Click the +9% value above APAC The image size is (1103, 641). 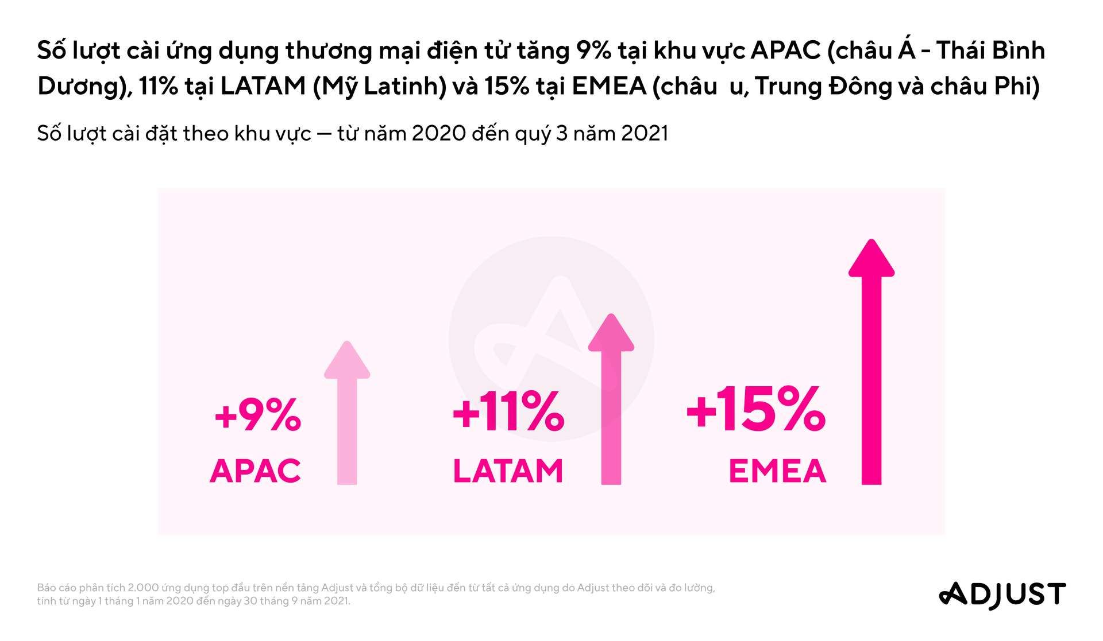tap(257, 414)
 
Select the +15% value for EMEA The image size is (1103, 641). tap(756, 409)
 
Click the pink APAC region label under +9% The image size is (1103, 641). tap(255, 471)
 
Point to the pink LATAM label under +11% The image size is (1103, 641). tap(508, 471)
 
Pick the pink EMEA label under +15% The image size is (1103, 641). tap(777, 472)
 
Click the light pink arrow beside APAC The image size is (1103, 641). tap(347, 413)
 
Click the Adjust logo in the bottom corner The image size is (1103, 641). tap(1002, 595)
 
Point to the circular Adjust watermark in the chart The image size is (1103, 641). tap(550, 339)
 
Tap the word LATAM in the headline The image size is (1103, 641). tap(263, 86)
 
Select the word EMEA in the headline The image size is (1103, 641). tap(609, 86)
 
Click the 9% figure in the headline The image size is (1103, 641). tap(592, 51)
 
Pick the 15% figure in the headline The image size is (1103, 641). tap(507, 86)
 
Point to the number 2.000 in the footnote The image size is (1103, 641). tap(143, 588)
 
